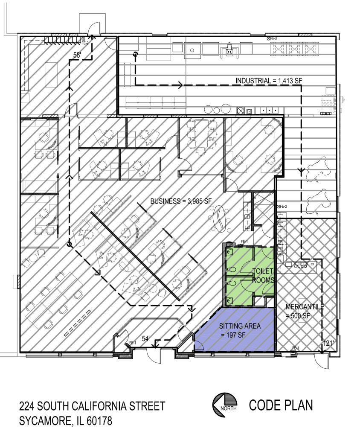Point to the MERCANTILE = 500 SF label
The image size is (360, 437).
305,311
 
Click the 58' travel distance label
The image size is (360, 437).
78,55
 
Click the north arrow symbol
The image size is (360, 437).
225,405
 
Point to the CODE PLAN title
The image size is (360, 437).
281,405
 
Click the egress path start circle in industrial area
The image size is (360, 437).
135,55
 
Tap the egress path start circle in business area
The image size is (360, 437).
68,245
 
